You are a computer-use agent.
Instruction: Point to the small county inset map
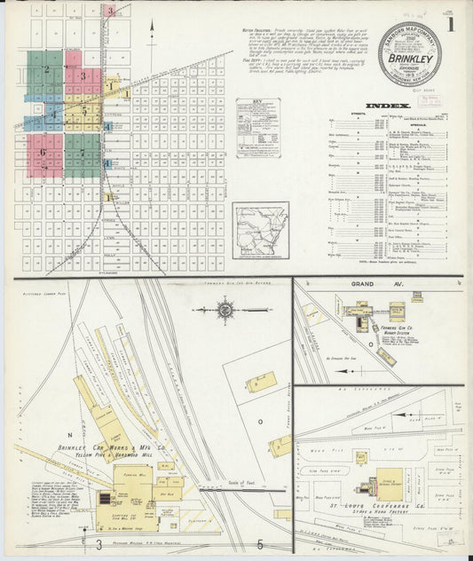tap(260, 230)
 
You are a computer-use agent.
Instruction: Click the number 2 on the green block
tap(46, 68)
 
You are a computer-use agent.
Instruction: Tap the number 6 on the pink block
tap(42, 152)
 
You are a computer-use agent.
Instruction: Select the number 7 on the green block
tap(82, 152)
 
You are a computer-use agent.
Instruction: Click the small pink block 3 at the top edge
tap(109, 12)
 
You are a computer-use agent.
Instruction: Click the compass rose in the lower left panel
tap(225, 310)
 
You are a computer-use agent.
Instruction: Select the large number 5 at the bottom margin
tap(260, 543)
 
